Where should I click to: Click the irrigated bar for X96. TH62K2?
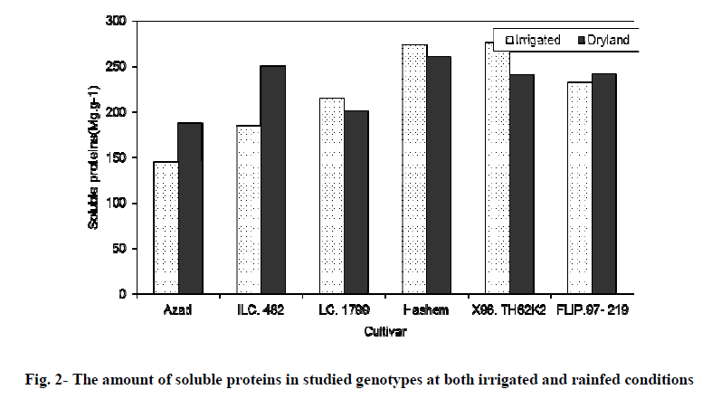498,172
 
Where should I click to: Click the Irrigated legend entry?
535,41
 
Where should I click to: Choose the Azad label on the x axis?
177,312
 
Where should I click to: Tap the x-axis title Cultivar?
384,332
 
